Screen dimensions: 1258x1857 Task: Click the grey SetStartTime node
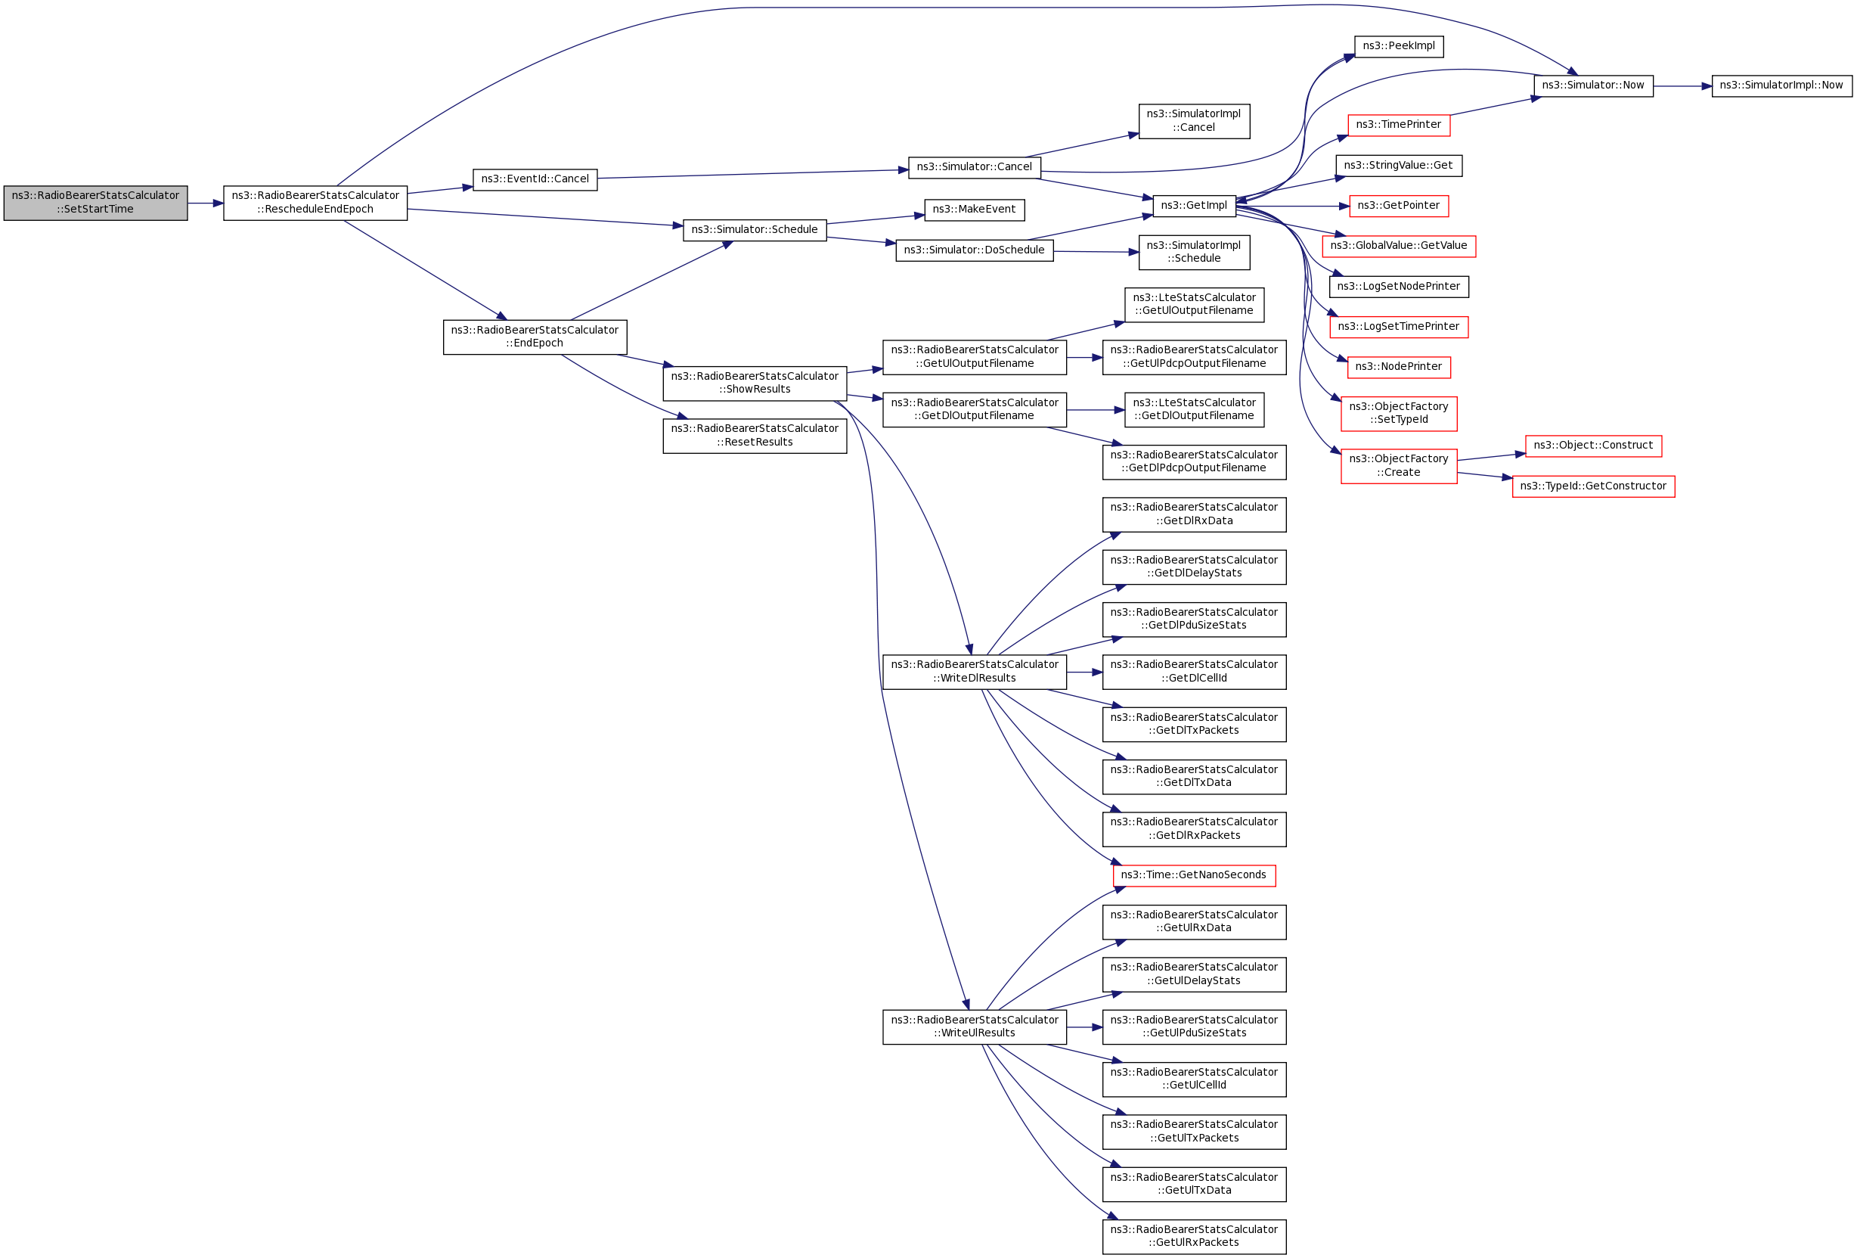click(95, 203)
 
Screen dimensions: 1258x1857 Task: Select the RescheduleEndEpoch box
click(315, 203)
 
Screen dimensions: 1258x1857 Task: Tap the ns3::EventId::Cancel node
click(535, 179)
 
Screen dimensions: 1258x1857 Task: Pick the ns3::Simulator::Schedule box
click(755, 230)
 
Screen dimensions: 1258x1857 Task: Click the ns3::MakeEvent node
click(973, 210)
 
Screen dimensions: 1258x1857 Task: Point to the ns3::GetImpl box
click(1194, 206)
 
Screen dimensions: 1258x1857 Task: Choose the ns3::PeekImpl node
click(1398, 46)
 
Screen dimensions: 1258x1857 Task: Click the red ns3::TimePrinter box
click(1398, 125)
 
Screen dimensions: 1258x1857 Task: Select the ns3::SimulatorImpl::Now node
click(1781, 85)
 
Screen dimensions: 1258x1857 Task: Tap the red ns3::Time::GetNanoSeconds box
click(1194, 875)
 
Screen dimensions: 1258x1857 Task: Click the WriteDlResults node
click(974, 671)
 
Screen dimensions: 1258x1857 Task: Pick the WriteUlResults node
click(974, 1027)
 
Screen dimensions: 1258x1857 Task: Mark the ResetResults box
click(755, 436)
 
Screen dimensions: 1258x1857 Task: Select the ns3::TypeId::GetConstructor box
click(1593, 486)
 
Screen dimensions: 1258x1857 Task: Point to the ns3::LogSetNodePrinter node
click(1398, 286)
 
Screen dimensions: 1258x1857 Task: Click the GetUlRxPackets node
click(1194, 1236)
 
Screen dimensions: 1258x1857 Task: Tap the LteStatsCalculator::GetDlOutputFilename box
click(1194, 409)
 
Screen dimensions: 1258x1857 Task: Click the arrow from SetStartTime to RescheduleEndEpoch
click(206, 203)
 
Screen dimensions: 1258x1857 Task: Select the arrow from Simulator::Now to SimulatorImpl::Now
click(1682, 85)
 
